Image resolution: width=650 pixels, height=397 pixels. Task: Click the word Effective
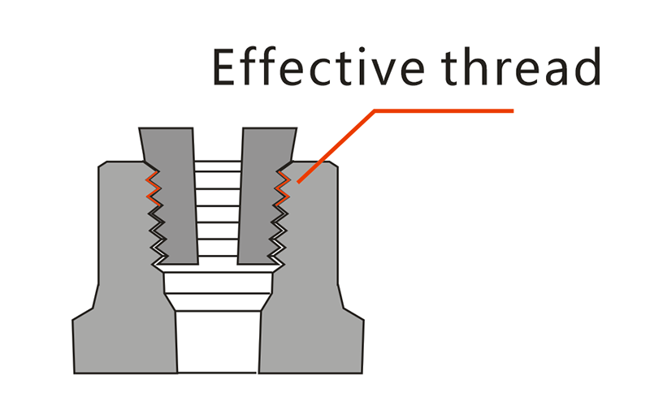point(318,67)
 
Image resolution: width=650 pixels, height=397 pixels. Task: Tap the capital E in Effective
point(224,67)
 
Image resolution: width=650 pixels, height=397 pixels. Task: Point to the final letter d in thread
point(587,66)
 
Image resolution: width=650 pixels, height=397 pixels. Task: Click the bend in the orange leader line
point(375,110)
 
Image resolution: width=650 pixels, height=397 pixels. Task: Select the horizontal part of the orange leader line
point(444,110)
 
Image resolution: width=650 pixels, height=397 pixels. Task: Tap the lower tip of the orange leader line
point(298,182)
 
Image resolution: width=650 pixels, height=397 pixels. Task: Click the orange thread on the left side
point(153,188)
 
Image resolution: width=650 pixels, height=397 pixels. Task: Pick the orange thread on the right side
point(283,188)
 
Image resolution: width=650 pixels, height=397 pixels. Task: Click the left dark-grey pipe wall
point(170,196)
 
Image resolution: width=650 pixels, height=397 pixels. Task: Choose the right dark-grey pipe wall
point(266,196)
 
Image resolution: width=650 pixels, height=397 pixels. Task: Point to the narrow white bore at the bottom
point(218,342)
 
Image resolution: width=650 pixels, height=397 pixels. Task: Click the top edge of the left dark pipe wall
point(166,128)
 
